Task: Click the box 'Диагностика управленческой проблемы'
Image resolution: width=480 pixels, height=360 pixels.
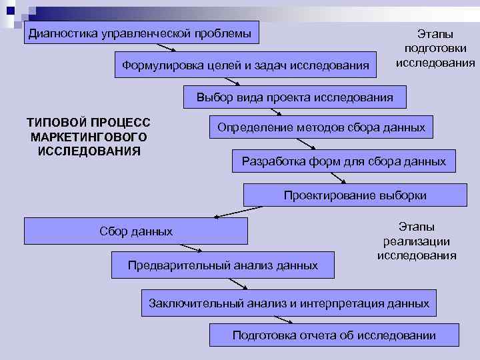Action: [141, 33]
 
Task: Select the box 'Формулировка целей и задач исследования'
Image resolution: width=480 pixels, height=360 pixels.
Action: [246, 65]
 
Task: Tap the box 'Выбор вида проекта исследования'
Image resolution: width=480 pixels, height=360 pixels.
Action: [294, 97]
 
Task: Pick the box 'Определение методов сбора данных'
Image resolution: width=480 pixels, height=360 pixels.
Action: [321, 127]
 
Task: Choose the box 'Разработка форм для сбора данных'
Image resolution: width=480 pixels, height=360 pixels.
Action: [343, 161]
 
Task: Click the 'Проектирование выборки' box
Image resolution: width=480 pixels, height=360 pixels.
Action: [355, 195]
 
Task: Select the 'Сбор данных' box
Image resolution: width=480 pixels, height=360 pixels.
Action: [136, 231]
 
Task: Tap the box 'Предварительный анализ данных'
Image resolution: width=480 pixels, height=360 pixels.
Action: [223, 265]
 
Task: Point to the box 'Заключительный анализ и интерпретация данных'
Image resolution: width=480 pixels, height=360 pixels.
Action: [289, 303]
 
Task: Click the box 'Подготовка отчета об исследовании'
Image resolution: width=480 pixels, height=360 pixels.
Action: [334, 335]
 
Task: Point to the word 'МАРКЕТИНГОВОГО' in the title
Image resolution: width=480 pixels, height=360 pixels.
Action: [89, 137]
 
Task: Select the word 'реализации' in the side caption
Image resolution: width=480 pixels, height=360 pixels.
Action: [417, 241]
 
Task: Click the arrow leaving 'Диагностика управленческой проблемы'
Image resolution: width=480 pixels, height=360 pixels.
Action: [165, 47]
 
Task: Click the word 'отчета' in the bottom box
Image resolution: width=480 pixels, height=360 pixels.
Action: [313, 335]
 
